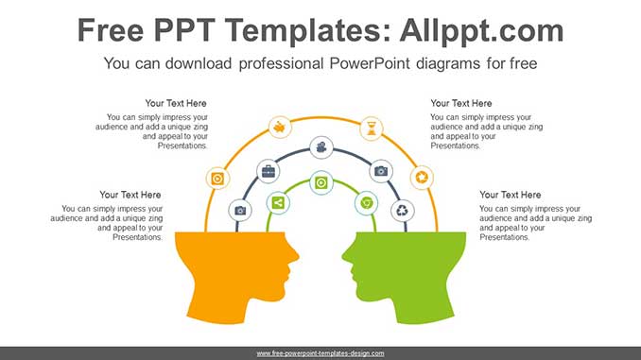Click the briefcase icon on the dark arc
pyautogui.click(x=268, y=171)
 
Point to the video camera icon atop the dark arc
pyautogui.click(x=321, y=147)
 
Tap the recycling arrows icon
pyautogui.click(x=403, y=210)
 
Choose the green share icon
pyautogui.click(x=278, y=202)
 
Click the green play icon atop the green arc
pyautogui.click(x=321, y=181)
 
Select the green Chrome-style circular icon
pyautogui.click(x=366, y=202)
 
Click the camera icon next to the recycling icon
pyautogui.click(x=381, y=171)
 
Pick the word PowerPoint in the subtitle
pyautogui.click(x=362, y=64)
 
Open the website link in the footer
pyautogui.click(x=320, y=352)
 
